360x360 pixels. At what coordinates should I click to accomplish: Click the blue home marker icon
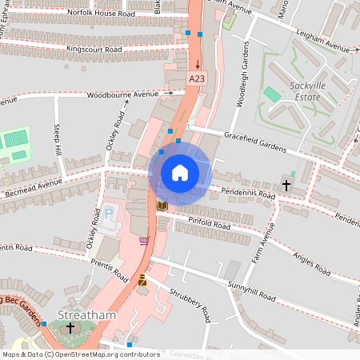(179, 172)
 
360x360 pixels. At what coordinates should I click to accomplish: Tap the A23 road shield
(197, 78)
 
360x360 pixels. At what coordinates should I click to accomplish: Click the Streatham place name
(87, 315)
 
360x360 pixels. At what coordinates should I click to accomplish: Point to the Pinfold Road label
(209, 222)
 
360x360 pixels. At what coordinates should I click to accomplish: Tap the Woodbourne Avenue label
(124, 94)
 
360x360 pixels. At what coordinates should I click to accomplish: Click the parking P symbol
(109, 214)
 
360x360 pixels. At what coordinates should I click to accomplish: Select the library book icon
(162, 206)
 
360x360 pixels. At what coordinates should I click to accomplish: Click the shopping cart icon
(144, 241)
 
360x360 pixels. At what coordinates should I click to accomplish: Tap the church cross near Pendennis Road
(286, 185)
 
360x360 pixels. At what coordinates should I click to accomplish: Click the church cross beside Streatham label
(70, 329)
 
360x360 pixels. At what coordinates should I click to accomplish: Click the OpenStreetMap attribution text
(81, 354)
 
